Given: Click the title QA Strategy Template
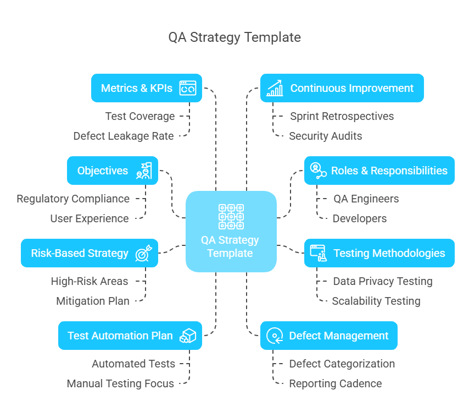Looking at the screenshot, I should click(235, 37).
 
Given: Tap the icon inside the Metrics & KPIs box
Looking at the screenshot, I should click(188, 88).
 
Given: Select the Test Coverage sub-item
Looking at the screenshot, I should click(140, 116).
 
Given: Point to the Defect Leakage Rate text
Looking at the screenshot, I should click(124, 136).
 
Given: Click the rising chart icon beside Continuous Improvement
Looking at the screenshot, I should click(275, 88).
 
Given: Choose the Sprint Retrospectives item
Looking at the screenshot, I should click(342, 116).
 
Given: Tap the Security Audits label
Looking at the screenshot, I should click(326, 136).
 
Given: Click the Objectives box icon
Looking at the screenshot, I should click(144, 171).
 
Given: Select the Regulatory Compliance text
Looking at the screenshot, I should click(73, 199).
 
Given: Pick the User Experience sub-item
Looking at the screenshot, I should click(90, 218).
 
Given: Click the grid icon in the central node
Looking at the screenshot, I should click(231, 216).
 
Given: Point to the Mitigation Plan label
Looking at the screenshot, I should click(93, 301).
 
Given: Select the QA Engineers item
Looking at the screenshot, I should click(366, 199).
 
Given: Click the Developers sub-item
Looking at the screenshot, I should click(360, 218).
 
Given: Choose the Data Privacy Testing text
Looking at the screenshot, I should click(383, 281).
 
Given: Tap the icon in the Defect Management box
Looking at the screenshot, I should click(274, 336).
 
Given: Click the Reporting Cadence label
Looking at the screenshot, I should click(336, 383).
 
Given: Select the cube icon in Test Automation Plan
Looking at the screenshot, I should click(188, 336).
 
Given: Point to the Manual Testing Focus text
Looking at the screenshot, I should click(120, 383).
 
